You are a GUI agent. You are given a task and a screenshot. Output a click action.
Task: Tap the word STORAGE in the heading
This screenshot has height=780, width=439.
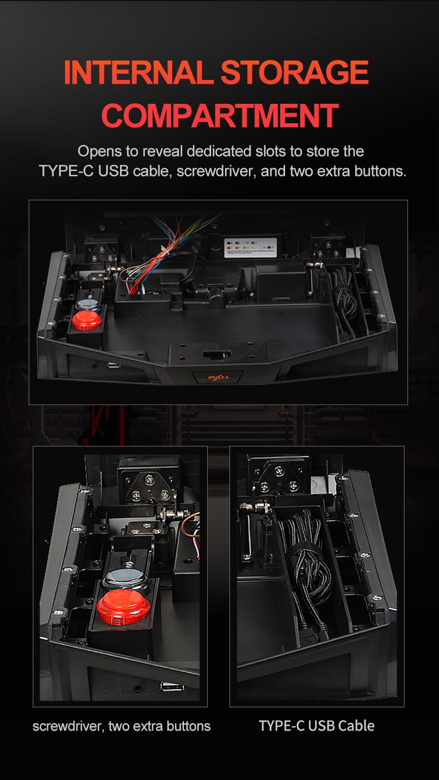point(295,73)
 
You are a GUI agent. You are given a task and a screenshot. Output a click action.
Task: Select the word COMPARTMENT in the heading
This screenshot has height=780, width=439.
point(220,115)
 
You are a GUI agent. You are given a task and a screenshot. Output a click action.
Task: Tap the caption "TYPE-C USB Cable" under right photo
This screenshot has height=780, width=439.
point(316,726)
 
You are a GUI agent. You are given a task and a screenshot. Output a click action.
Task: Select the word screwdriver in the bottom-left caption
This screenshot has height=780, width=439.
point(66,726)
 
